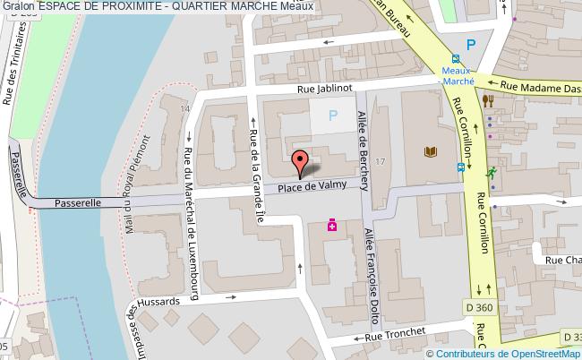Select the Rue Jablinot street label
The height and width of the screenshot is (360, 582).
point(329,90)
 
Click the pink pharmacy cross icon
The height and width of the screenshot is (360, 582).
point(331,225)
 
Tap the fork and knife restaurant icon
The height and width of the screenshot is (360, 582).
point(488,101)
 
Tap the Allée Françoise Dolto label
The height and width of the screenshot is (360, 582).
point(369,273)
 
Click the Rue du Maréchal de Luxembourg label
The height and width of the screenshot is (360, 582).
point(190,224)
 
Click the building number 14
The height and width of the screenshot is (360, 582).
point(186,108)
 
